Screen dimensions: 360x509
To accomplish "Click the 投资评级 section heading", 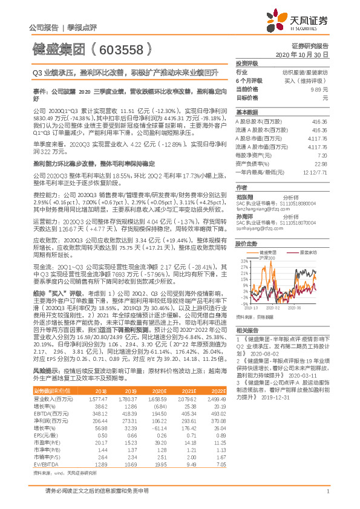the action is (246, 63).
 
